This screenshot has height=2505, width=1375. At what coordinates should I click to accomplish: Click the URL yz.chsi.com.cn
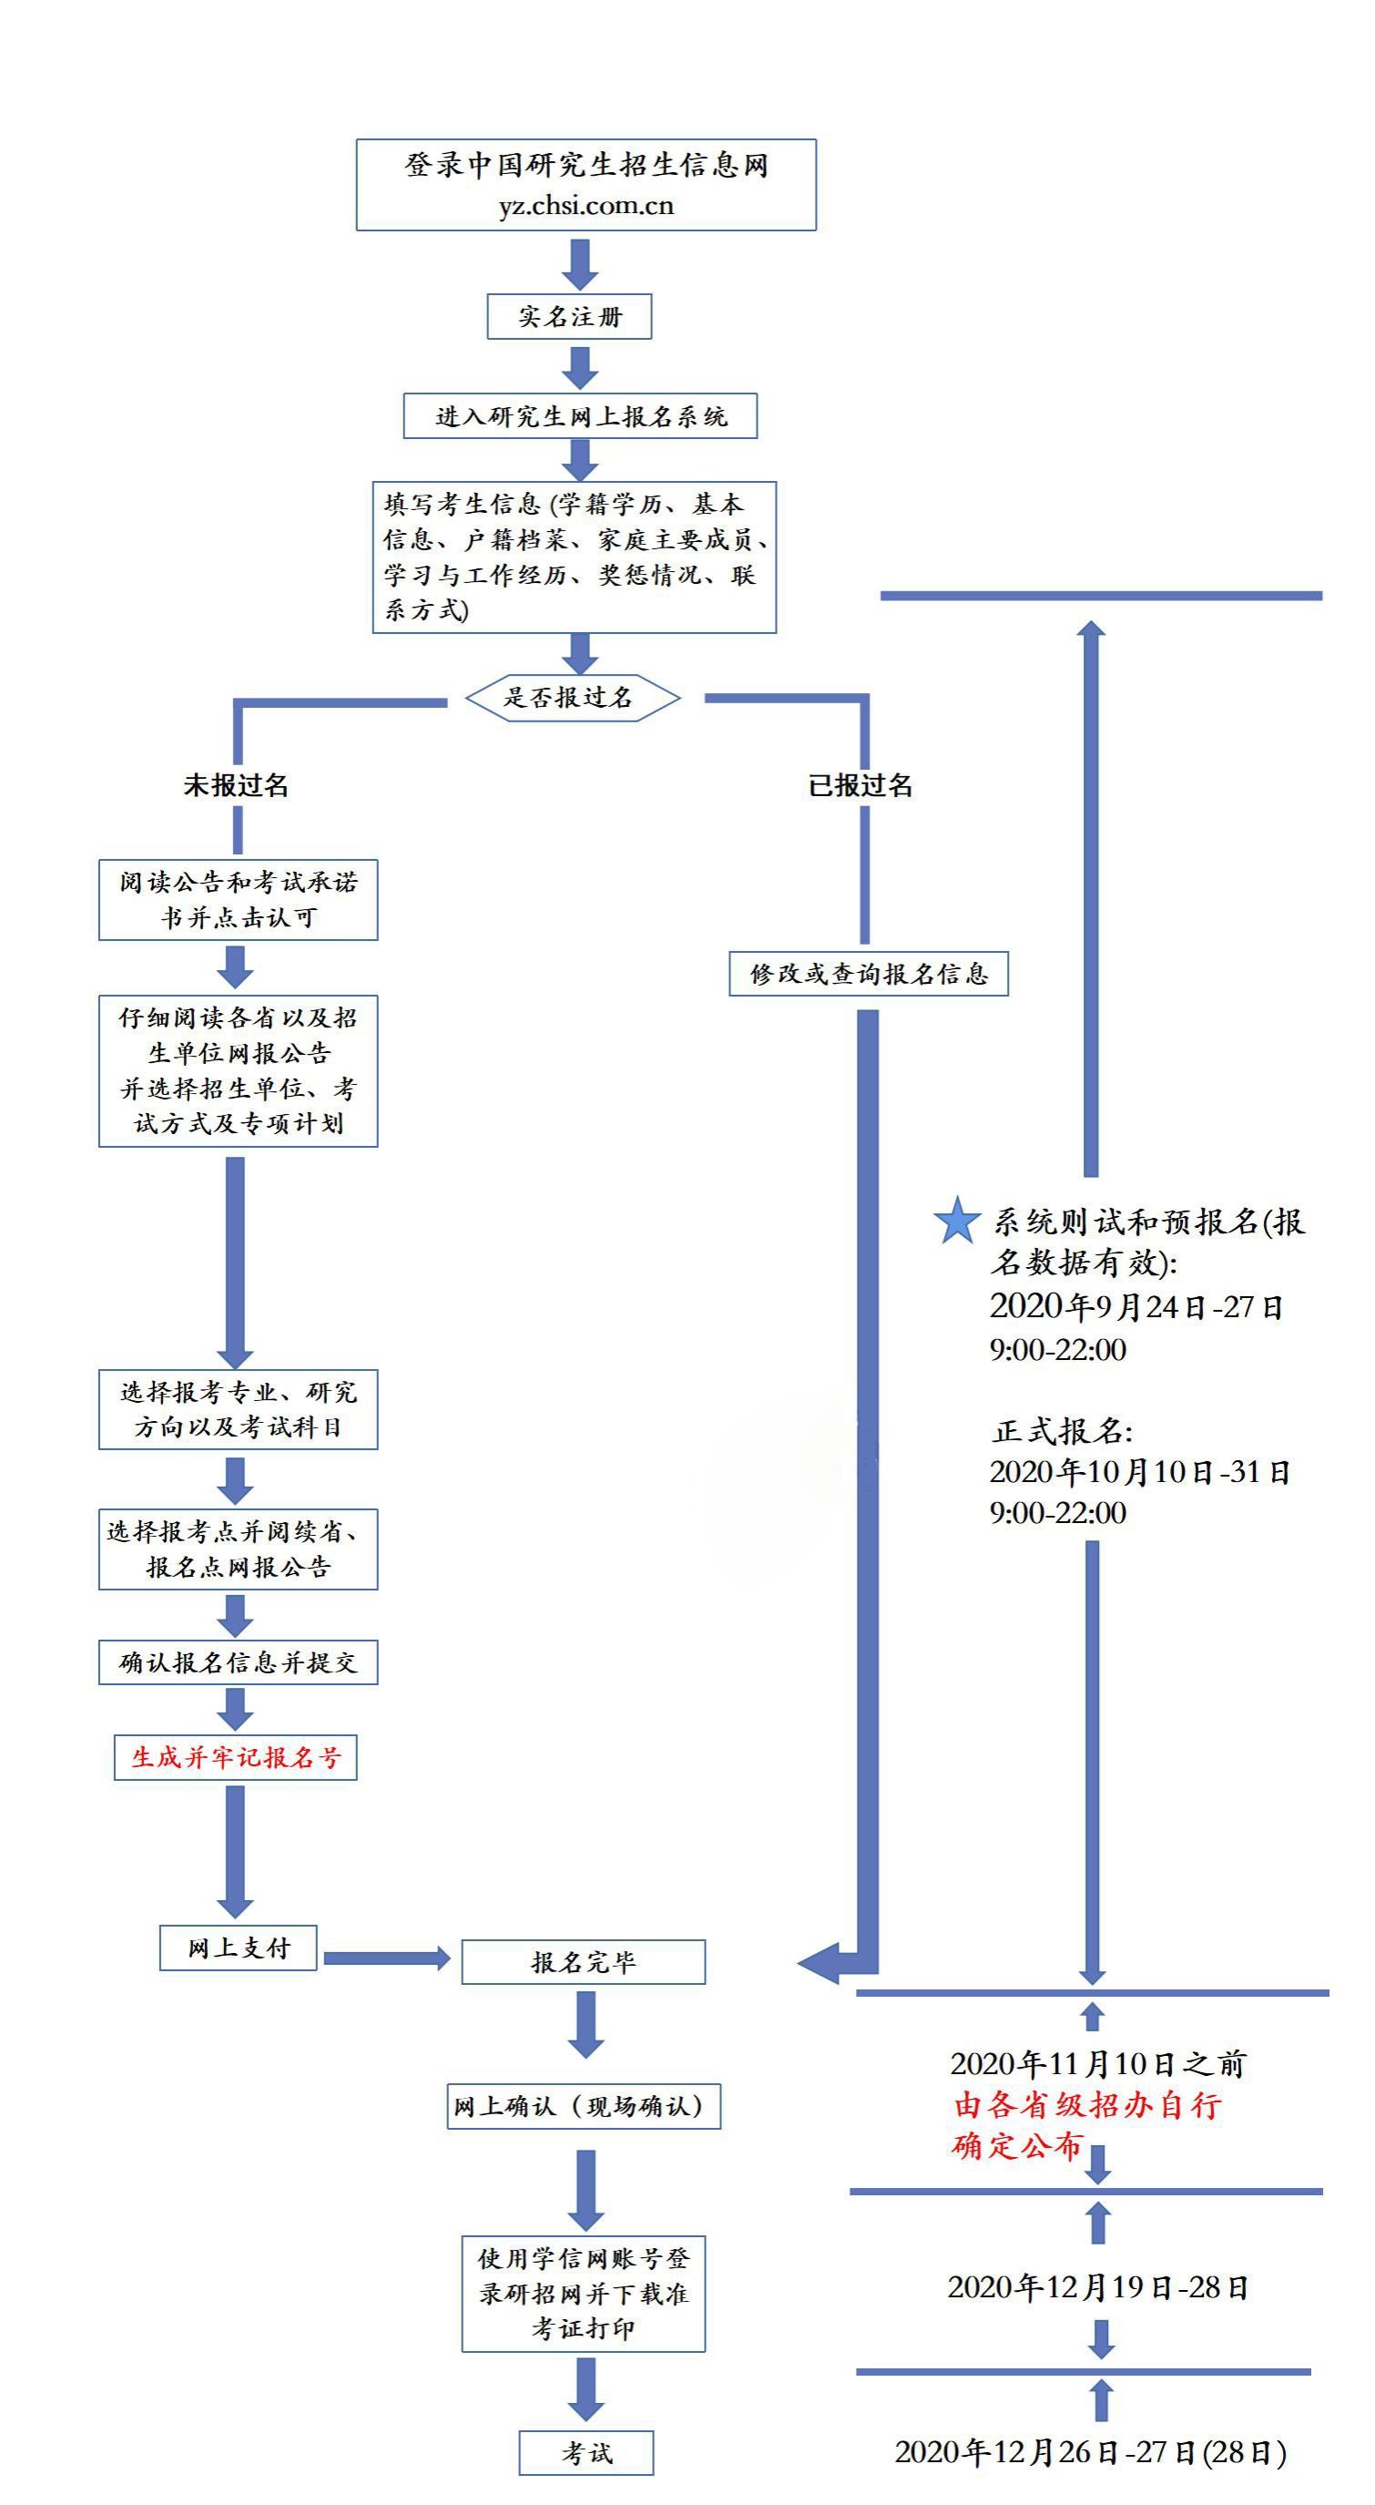point(586,206)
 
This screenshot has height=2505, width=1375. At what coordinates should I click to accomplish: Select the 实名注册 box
point(569,316)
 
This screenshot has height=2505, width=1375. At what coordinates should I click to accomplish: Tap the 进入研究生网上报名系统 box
point(581,416)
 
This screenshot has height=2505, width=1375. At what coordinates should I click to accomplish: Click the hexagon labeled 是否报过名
point(572,697)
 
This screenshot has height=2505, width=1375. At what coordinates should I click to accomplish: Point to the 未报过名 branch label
point(236,785)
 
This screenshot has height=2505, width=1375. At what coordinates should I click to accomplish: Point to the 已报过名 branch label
point(861,785)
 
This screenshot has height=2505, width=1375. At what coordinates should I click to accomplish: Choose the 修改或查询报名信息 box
point(869,974)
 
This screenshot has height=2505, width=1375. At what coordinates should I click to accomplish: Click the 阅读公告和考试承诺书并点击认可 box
point(239,899)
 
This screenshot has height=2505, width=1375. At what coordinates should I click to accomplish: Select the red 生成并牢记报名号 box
point(236,1757)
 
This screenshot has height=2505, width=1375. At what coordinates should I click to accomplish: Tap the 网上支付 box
point(239,1948)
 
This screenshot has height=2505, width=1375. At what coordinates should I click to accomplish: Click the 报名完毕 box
point(584,1962)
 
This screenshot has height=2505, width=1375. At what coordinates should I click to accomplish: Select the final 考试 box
point(586,2452)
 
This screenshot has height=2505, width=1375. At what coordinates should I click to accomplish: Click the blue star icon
point(957,1221)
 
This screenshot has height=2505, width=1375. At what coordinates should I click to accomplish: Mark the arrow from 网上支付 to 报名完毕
point(387,1958)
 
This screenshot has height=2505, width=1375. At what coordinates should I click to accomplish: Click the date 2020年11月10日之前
point(1098,2063)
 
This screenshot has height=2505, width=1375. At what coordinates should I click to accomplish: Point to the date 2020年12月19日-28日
point(1098,2287)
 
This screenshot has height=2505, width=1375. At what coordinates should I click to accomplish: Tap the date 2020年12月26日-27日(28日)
point(1090,2452)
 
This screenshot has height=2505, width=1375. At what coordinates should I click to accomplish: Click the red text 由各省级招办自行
point(1087,2105)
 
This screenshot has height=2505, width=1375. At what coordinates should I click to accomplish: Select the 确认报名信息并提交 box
point(239,1661)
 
